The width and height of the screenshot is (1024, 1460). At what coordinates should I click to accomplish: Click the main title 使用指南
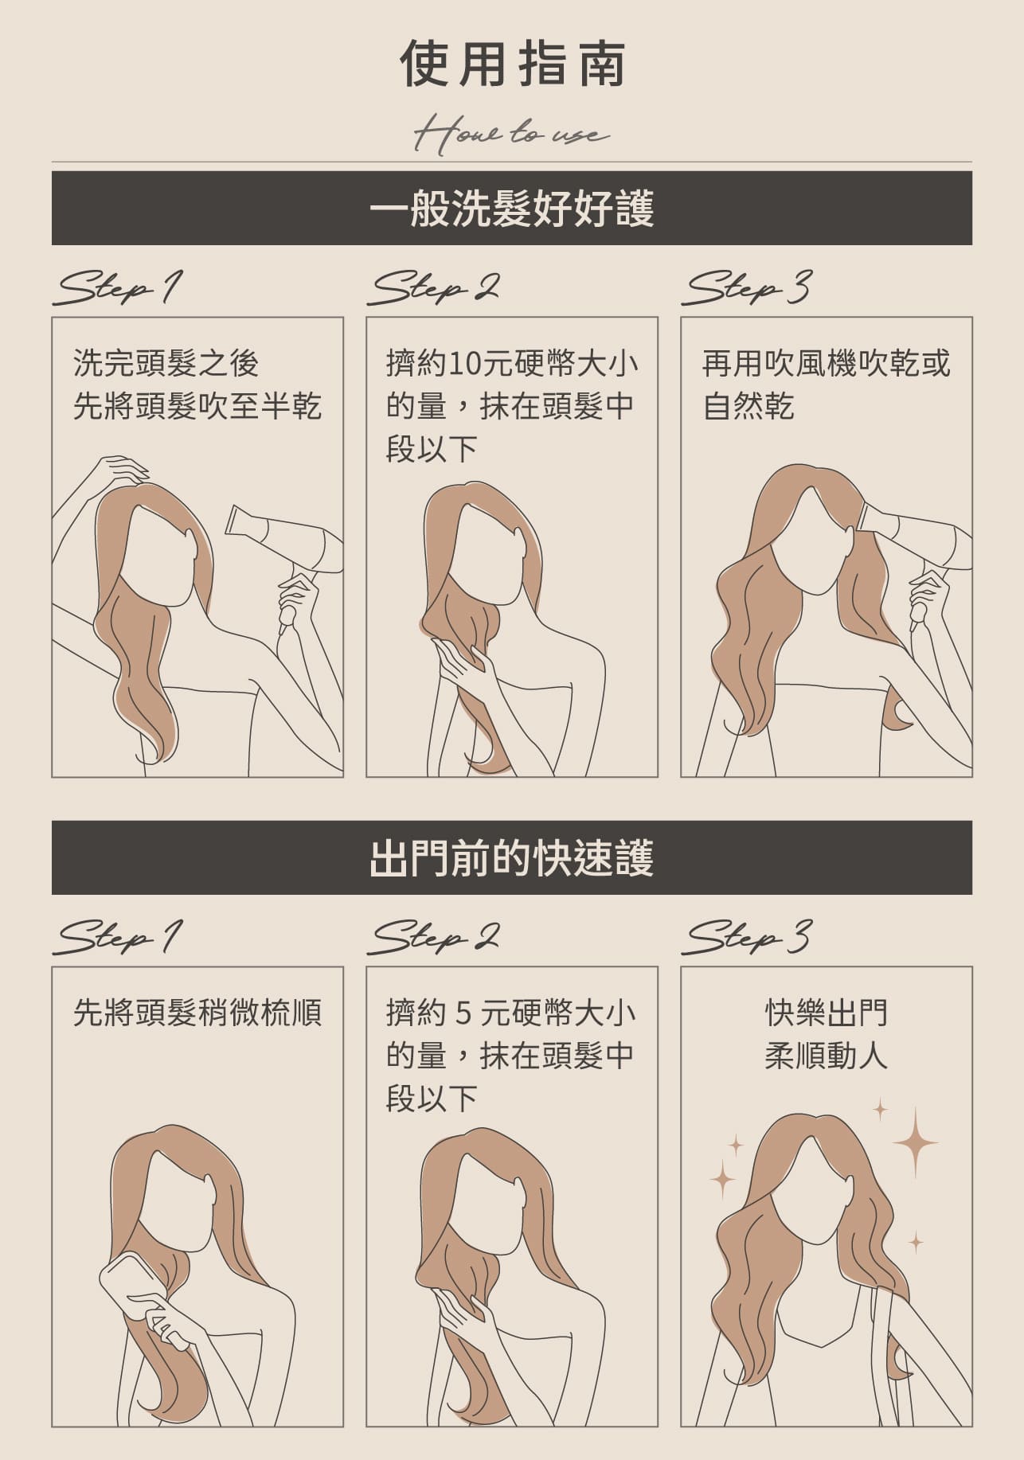(512, 64)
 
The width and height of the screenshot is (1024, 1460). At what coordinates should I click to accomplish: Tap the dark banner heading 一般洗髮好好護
(512, 209)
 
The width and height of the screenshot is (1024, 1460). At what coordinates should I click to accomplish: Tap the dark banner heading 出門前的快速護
(512, 858)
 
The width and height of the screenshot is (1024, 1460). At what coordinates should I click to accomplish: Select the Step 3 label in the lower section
(747, 937)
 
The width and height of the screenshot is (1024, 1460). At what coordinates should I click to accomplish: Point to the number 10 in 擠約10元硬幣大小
(463, 365)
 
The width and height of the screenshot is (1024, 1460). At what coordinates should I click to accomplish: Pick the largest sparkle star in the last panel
(915, 1142)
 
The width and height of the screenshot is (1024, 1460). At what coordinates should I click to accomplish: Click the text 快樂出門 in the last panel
(826, 1013)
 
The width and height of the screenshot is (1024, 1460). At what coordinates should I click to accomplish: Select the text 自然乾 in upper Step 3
(748, 408)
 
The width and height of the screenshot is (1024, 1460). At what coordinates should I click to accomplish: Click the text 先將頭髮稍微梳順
(197, 1013)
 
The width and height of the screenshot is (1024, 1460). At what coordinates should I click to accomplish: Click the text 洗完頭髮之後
(166, 364)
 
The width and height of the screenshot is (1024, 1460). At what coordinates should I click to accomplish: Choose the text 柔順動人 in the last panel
(826, 1056)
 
